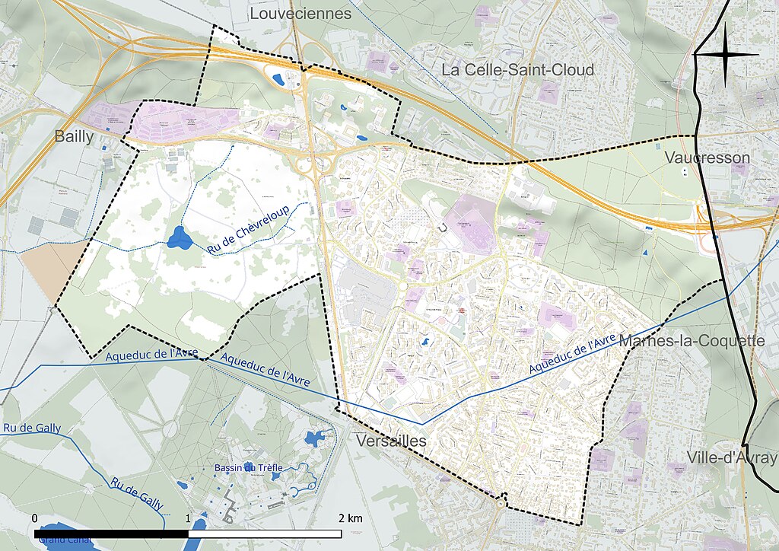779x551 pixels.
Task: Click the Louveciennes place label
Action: [300, 14]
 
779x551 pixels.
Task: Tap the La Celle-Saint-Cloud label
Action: [518, 70]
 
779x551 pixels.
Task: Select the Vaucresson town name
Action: [707, 158]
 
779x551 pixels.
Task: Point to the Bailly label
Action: [75, 137]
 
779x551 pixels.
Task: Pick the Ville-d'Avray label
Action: [722, 457]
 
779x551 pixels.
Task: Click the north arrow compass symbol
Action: [727, 54]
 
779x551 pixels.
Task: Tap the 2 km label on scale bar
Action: [351, 518]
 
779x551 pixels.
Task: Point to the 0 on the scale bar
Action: [35, 518]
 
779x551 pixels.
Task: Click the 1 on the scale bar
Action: [188, 518]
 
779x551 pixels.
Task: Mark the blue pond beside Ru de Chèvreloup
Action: [180, 238]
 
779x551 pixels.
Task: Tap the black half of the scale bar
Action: [111, 533]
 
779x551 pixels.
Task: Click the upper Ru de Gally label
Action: [31, 428]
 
